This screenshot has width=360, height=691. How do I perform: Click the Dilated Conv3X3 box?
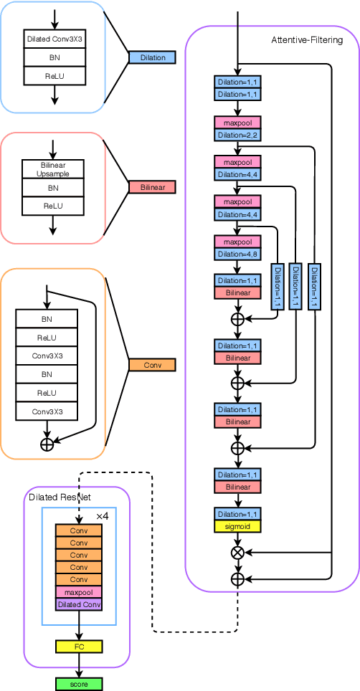tap(55, 39)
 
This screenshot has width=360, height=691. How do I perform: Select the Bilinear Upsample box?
tap(53, 170)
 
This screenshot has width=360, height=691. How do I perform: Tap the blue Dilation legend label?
tap(152, 57)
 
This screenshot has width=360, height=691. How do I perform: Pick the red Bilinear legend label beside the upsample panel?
tap(152, 188)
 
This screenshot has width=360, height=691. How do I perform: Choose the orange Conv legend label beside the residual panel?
tap(152, 365)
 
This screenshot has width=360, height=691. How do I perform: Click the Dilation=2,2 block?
tap(237, 134)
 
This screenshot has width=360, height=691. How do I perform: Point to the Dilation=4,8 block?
tap(237, 254)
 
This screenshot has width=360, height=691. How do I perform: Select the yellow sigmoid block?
tap(237, 526)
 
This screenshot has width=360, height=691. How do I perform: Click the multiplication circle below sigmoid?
tap(237, 552)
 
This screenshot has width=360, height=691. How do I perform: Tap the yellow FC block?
tap(79, 647)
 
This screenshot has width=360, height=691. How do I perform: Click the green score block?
tap(79, 684)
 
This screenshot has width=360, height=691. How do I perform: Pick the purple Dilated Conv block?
tap(79, 604)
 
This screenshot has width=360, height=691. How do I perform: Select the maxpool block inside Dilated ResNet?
tap(79, 592)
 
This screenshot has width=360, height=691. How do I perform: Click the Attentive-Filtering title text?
tap(306, 40)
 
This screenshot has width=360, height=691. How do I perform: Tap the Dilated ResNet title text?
tap(60, 497)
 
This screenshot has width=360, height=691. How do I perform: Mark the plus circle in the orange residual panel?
tap(47, 444)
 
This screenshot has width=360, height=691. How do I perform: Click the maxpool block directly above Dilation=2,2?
tap(237, 123)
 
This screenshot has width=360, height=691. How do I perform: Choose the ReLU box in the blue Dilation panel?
tap(55, 75)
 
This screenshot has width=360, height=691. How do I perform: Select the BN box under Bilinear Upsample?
tap(53, 188)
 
